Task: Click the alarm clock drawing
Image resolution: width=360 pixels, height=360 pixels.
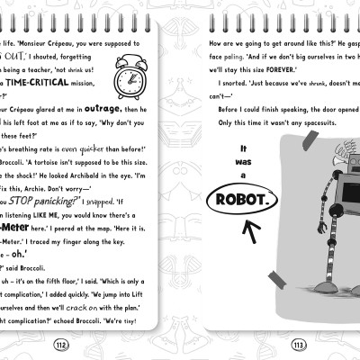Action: [x=132, y=78]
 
